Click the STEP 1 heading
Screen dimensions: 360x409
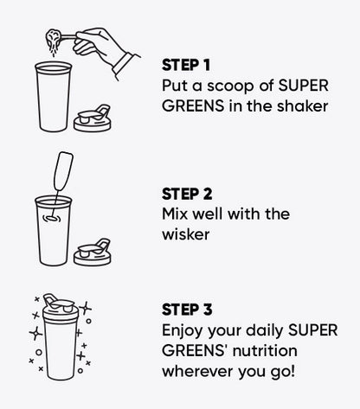click(x=186, y=65)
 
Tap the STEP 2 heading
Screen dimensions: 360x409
click(x=187, y=194)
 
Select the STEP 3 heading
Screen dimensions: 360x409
click(x=187, y=310)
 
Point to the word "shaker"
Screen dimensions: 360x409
click(x=303, y=105)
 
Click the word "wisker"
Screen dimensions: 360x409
click(x=186, y=234)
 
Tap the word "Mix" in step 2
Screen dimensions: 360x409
click(x=175, y=214)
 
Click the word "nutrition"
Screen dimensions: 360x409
click(x=265, y=351)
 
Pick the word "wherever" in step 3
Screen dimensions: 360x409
click(x=197, y=372)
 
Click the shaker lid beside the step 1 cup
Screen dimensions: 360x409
click(x=93, y=119)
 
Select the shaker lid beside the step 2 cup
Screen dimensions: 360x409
click(x=93, y=252)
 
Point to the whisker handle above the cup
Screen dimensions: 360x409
click(x=63, y=171)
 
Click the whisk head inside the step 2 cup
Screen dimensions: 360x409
click(x=52, y=219)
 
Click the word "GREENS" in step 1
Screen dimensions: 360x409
click(x=193, y=105)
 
